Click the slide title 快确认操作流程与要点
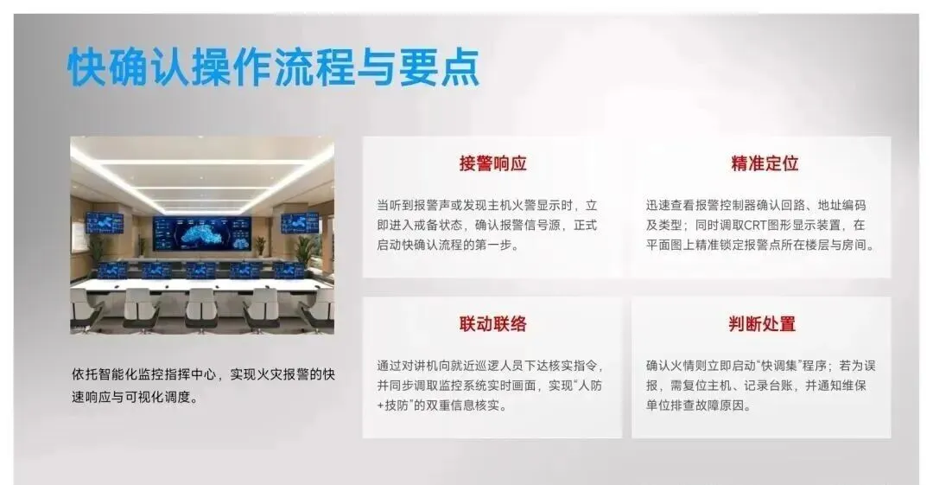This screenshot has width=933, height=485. (x=274, y=67)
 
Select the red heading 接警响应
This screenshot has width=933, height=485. (x=492, y=163)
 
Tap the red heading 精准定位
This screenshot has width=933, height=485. (x=765, y=163)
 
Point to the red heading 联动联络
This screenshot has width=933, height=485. (x=492, y=323)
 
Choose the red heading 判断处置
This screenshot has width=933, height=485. (x=762, y=323)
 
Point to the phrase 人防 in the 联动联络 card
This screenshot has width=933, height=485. (x=590, y=386)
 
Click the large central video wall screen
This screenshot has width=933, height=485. (x=202, y=233)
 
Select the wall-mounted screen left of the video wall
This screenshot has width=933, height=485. (x=105, y=223)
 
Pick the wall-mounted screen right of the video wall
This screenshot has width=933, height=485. (x=300, y=223)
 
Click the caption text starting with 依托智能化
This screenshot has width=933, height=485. (x=203, y=386)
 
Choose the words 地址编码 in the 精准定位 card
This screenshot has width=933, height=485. (x=842, y=205)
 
